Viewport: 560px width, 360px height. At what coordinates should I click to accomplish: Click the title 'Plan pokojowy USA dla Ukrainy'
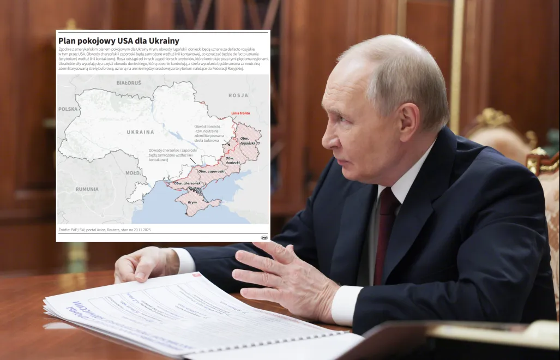coord(119,41)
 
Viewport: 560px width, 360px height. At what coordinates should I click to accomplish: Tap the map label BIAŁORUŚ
coord(129,83)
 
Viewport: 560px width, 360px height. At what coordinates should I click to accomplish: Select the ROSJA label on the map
coord(238,95)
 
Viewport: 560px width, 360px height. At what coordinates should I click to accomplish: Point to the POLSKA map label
coord(68,109)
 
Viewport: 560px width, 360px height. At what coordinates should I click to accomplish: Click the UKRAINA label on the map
coord(140,132)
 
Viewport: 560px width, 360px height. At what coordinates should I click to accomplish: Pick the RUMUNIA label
coord(87,189)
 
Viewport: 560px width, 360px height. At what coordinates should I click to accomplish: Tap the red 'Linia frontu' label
coord(240,113)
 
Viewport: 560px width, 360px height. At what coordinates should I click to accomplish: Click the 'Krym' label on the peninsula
coord(192,202)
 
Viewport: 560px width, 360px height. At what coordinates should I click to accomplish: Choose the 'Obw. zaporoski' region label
coord(212,171)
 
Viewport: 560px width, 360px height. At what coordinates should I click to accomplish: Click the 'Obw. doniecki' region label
coord(233,160)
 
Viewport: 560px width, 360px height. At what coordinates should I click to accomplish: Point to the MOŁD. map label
coord(133,173)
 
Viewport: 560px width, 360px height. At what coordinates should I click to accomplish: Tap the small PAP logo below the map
coord(264,238)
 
